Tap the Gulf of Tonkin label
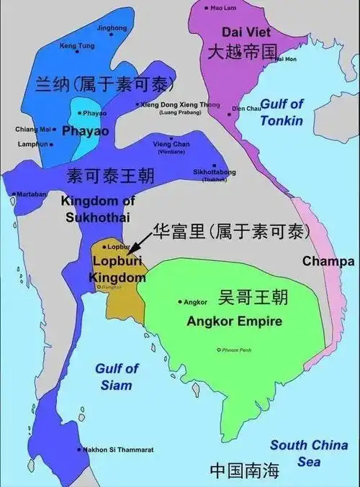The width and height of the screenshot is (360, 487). coord(282,112)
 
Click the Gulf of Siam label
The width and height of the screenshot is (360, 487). coord(116,376)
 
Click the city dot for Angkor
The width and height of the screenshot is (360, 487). coord(179,301)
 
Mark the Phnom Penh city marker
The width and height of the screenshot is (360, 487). coord(219,350)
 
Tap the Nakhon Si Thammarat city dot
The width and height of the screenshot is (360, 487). coord(78,450)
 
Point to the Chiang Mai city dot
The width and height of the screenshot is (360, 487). coord(54,129)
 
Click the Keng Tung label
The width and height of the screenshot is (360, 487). coord(76,46)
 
